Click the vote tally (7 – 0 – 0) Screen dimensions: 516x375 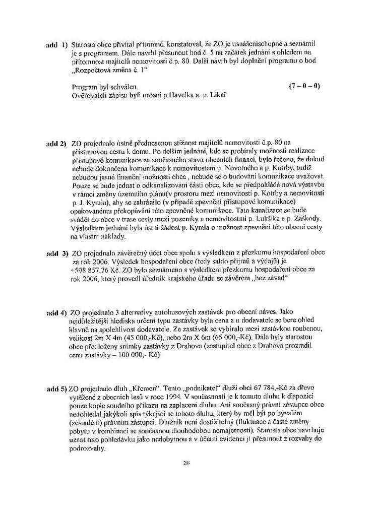point(304,86)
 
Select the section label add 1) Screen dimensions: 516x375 point(56,45)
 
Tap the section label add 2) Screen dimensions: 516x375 point(56,144)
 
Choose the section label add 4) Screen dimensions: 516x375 point(56,313)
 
